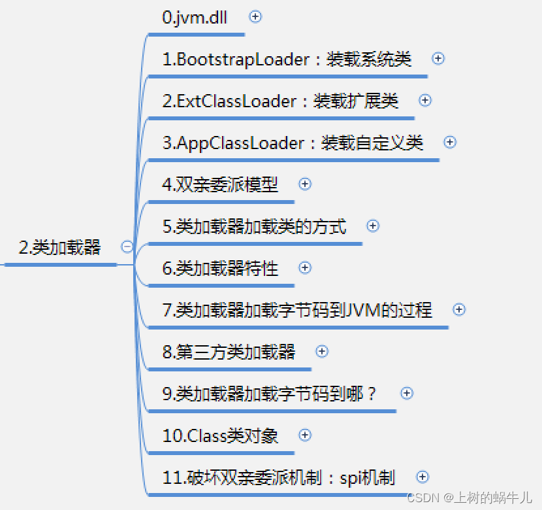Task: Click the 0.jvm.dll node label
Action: tap(195, 18)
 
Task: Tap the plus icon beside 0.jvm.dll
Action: tap(255, 17)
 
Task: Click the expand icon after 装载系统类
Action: tap(438, 59)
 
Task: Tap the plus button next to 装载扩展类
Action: tap(425, 101)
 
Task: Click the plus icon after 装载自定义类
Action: tap(450, 143)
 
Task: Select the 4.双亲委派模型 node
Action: tap(220, 185)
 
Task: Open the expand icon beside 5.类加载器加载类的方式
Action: tap(373, 226)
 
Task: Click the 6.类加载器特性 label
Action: tap(220, 269)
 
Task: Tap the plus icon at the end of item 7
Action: tap(459, 310)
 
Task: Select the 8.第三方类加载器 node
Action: tap(229, 352)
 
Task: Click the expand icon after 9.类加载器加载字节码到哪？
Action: tap(407, 394)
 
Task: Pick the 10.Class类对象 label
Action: tap(220, 436)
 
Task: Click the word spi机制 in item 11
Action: tap(367, 478)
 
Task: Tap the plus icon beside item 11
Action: tap(422, 477)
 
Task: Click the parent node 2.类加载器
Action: tap(59, 248)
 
